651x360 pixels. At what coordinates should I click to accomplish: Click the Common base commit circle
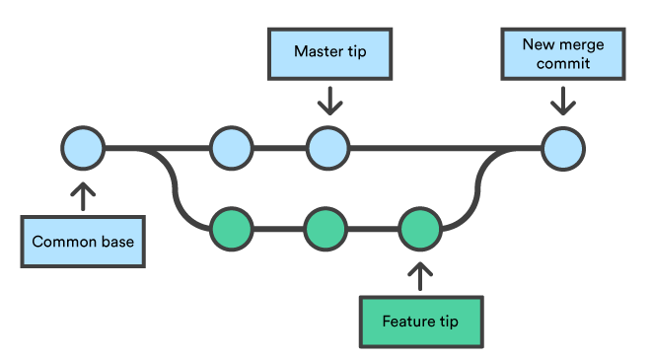coord(82,150)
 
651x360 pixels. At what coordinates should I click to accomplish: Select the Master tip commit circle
coord(327,150)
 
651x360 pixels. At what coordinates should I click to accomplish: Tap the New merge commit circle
coord(563,150)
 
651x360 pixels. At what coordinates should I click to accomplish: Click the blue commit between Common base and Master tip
coord(233,150)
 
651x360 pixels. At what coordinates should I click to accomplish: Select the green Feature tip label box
coord(419,322)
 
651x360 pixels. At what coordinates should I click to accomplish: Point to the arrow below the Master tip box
coord(328,99)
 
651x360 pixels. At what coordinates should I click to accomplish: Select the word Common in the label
coord(63,242)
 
